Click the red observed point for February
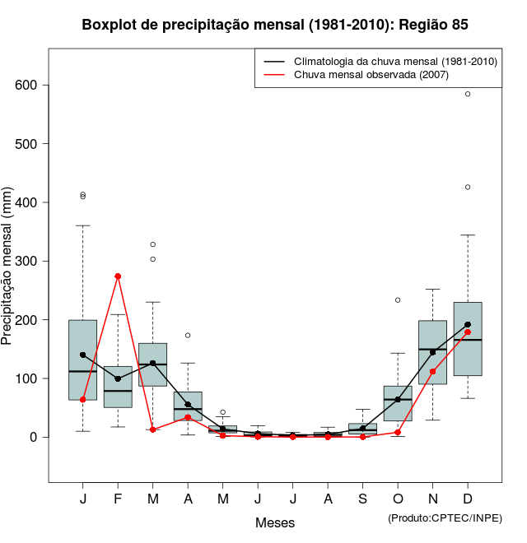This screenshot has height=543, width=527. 118,276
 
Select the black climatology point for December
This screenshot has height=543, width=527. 468,324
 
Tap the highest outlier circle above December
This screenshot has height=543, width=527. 468,94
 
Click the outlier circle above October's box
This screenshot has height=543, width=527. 398,299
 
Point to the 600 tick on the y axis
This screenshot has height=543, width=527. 44,86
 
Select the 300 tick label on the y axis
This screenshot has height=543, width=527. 29,262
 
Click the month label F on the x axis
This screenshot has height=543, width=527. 118,499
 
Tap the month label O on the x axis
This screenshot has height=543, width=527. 398,499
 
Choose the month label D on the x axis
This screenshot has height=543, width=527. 468,499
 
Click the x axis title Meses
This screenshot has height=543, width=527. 275,522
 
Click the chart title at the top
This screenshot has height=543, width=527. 275,25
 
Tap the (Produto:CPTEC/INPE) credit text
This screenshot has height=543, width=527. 445,517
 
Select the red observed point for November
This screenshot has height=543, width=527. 432,372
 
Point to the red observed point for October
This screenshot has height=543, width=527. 398,432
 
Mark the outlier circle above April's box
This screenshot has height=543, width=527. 188,335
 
